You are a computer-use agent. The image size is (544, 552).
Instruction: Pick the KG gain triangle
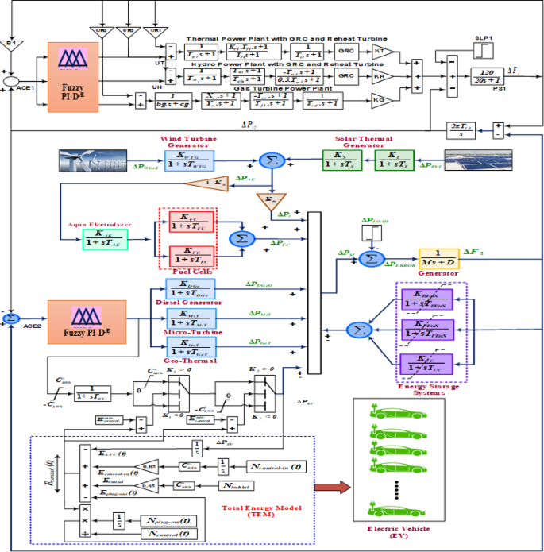(x=382, y=99)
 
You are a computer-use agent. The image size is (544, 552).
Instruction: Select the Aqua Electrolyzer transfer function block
(x=105, y=238)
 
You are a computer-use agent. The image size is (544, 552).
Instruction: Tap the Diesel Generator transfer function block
(x=189, y=288)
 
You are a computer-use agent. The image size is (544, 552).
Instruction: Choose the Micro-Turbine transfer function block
(x=189, y=318)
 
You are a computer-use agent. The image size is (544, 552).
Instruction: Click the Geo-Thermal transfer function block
(x=189, y=346)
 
